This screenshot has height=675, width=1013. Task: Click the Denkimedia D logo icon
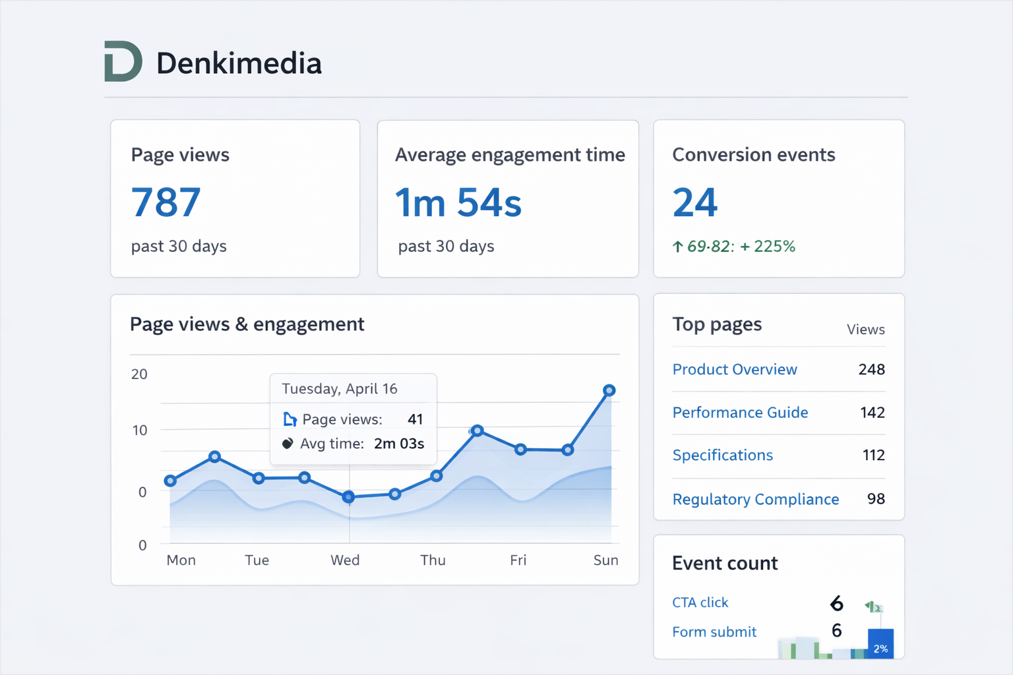(x=123, y=61)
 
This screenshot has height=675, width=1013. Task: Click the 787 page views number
(x=166, y=202)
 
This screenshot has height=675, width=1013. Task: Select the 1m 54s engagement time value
(x=458, y=202)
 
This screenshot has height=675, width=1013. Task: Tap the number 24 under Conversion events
(x=694, y=202)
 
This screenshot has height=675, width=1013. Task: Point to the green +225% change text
(x=768, y=247)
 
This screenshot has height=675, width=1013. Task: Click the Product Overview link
(x=734, y=369)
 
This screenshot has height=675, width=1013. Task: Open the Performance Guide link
(x=739, y=413)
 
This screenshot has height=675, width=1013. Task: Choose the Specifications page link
(x=722, y=455)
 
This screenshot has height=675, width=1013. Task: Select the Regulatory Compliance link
(x=755, y=499)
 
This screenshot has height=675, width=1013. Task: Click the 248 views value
(x=871, y=369)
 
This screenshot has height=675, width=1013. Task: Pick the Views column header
(x=865, y=330)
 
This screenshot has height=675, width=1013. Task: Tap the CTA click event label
(x=700, y=602)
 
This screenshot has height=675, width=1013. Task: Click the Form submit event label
(x=714, y=632)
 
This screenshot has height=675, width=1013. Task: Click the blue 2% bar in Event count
(x=880, y=644)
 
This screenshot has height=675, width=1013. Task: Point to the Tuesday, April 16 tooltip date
(x=339, y=389)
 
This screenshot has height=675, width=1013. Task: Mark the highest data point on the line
(x=609, y=390)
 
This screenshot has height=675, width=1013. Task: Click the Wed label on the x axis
(x=345, y=560)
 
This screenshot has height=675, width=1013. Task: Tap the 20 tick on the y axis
(x=139, y=374)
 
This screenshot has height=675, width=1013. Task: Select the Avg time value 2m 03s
(x=398, y=444)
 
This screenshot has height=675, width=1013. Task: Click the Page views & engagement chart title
(x=247, y=324)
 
